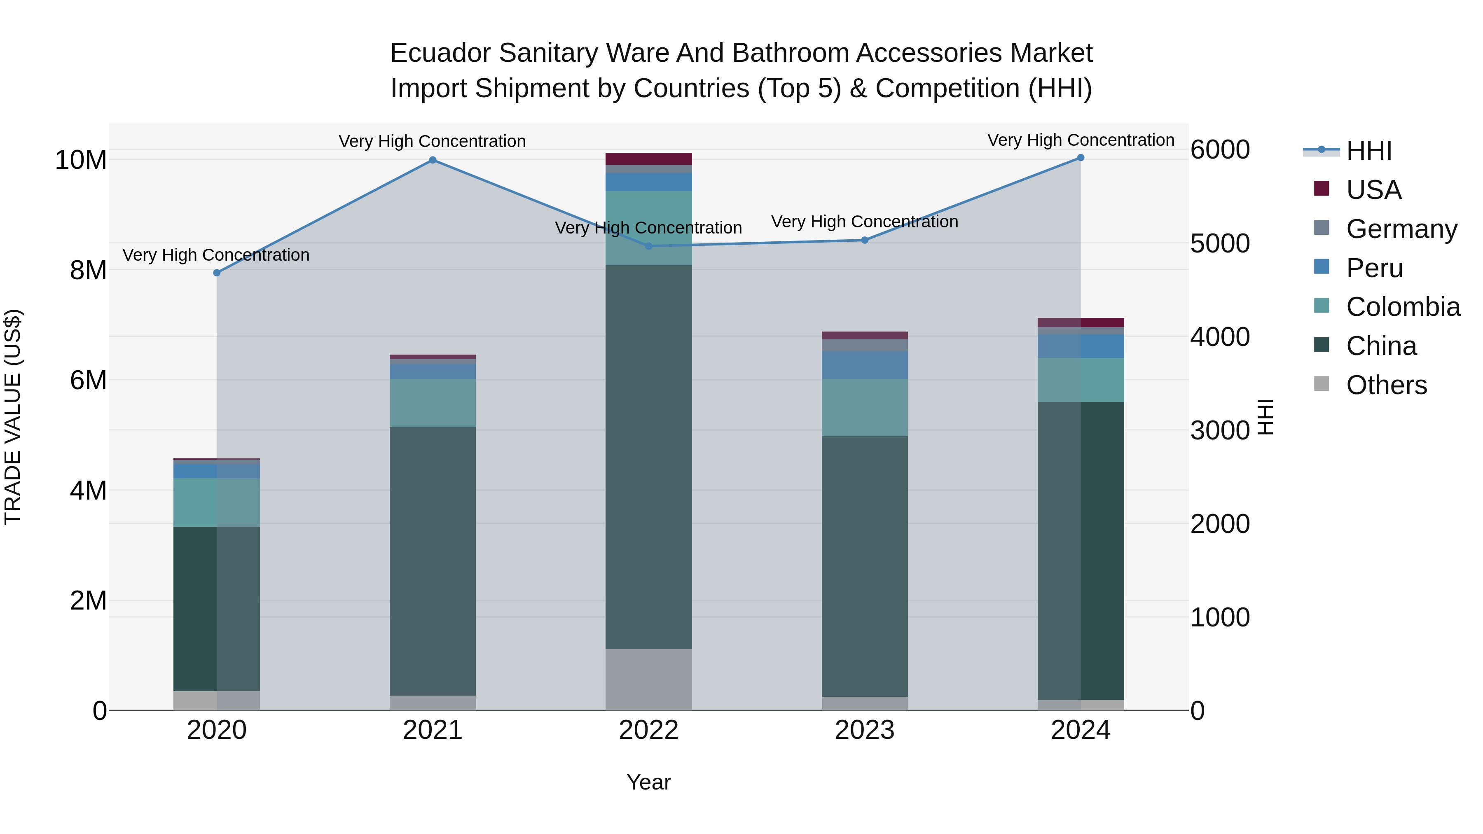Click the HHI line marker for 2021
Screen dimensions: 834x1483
pos(433,160)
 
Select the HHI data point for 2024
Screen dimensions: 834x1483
pos(1080,158)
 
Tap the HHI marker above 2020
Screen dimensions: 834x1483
pos(216,273)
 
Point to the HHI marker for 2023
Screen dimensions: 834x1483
pos(864,240)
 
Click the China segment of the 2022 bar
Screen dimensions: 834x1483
pos(648,457)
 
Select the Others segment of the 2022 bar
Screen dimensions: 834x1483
pos(648,679)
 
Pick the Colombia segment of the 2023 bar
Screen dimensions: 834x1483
pos(864,407)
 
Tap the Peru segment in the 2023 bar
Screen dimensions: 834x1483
pos(864,365)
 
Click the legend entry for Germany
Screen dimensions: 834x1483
pos(1401,229)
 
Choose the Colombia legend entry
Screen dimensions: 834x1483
pos(1402,307)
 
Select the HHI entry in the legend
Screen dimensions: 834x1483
pos(1368,151)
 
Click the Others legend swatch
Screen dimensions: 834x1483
pos(1321,384)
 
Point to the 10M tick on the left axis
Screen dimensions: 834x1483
pos(81,160)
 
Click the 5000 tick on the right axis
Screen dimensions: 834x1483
pos(1219,243)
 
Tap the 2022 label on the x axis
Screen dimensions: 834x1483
pos(648,730)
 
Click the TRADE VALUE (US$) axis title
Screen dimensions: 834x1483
pos(13,417)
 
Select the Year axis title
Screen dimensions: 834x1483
pos(648,782)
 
